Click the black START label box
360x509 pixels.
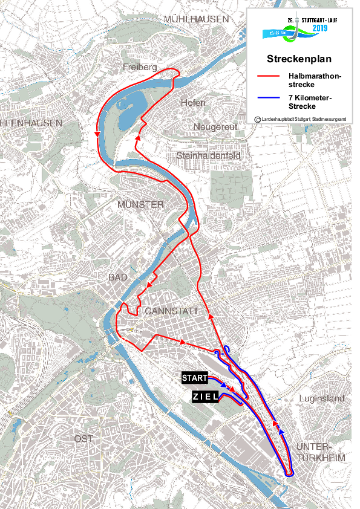pos(194,378)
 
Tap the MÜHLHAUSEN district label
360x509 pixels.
pos(196,19)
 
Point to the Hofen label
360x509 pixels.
pos(193,103)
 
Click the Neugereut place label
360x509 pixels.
pos(216,127)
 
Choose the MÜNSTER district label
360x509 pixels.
pos(140,205)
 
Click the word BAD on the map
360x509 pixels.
pos(118,277)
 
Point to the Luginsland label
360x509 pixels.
pos(322,399)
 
